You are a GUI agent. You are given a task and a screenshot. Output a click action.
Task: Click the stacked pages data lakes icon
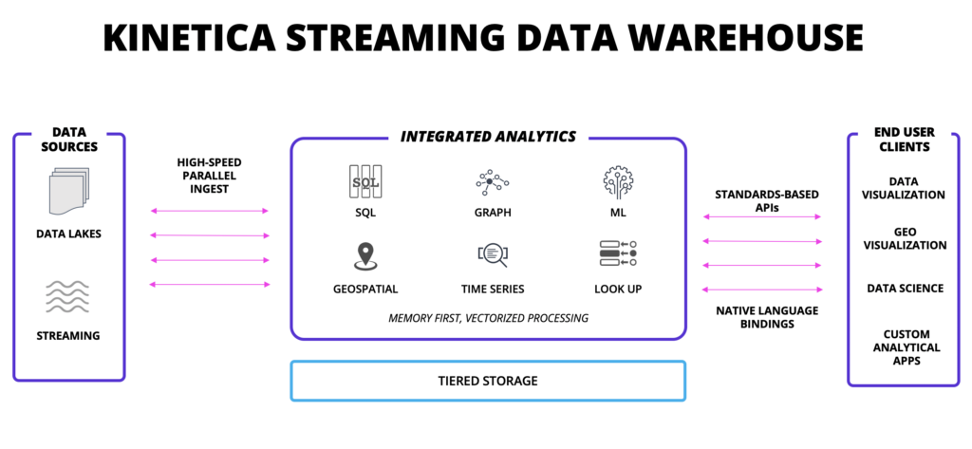point(68,191)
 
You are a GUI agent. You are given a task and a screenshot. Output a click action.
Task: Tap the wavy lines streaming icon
point(68,296)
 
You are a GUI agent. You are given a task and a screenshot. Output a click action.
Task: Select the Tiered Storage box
point(488,381)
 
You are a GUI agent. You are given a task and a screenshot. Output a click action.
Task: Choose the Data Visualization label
point(903,188)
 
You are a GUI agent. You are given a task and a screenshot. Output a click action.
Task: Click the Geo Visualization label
point(903,238)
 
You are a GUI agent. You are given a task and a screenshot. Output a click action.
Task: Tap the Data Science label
point(903,289)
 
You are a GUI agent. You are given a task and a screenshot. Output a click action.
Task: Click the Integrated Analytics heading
point(488,137)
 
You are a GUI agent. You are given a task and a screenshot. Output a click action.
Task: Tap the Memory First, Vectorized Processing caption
point(488,318)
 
